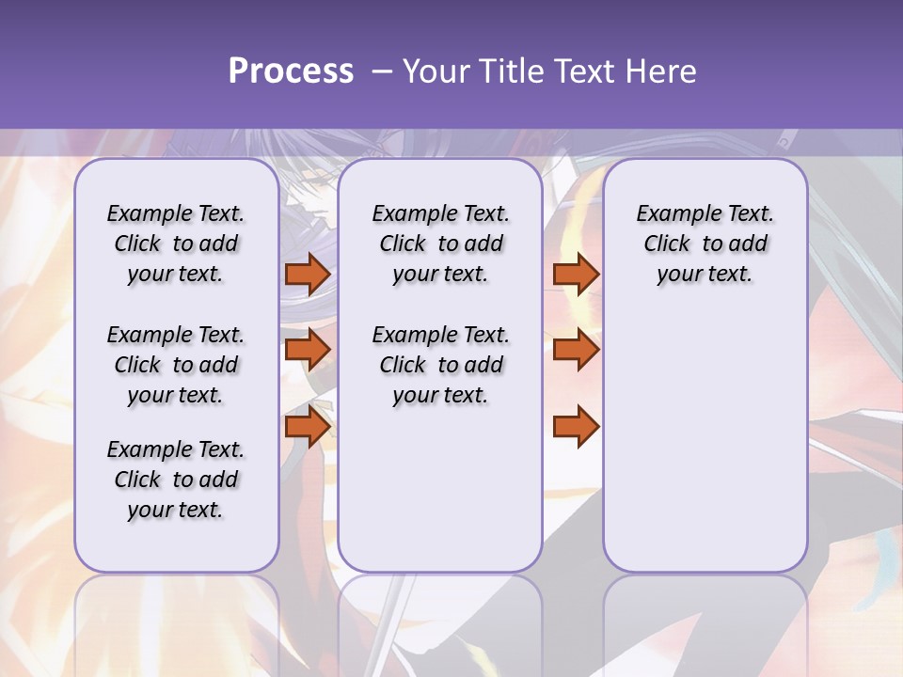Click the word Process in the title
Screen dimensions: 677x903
[291, 71]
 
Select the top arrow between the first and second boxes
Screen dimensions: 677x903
[308, 274]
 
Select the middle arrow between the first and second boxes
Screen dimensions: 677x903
[308, 350]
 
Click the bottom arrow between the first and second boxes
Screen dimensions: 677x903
[308, 426]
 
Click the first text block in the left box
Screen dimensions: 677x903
[176, 244]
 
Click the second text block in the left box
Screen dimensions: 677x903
[176, 365]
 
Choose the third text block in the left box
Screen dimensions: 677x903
[176, 480]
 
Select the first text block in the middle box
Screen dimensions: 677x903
[440, 244]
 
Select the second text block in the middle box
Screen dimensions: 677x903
[440, 365]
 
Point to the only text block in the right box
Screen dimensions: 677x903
[705, 244]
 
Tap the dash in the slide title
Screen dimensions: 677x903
[381, 71]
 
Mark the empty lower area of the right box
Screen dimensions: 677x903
[705, 433]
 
